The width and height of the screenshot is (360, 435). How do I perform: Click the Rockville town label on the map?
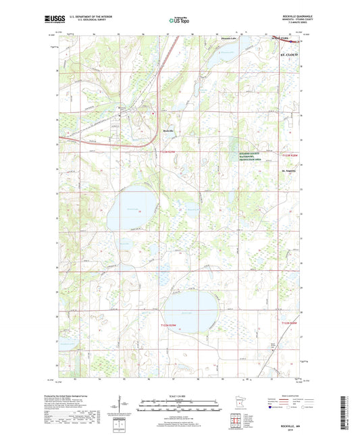[x=169, y=130]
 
